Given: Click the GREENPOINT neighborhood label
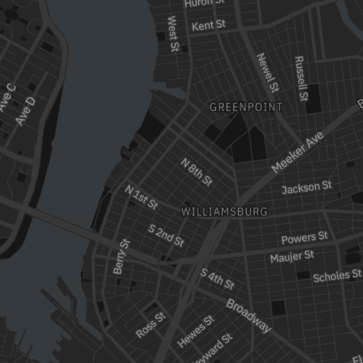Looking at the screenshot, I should tap(246, 107).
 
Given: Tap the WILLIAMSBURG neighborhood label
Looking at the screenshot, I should tap(224, 212).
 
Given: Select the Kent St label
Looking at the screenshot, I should tap(208, 25).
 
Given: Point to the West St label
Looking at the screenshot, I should tap(173, 34).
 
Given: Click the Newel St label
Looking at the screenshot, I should tap(267, 71).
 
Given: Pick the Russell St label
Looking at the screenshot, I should tap(301, 79).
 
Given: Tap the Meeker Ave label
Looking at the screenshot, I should tap(297, 153).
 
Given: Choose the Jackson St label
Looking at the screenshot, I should tap(306, 188).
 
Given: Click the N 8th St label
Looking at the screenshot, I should tap(197, 172).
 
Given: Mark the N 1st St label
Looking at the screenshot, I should tap(141, 197).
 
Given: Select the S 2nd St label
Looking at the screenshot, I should tap(166, 235).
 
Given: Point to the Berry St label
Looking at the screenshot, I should tap(121, 256).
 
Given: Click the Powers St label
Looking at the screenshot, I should tap(304, 238).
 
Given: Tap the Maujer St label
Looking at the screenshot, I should tap(292, 256).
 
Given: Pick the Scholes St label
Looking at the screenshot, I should tap(337, 275).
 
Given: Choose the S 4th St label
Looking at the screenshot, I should tap(217, 279).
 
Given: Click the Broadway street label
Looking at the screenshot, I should tap(248, 316).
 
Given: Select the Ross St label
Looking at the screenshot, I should tap(150, 325).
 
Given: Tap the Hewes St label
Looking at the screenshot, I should tap(195, 331).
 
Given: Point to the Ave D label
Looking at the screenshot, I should tap(25, 111).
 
